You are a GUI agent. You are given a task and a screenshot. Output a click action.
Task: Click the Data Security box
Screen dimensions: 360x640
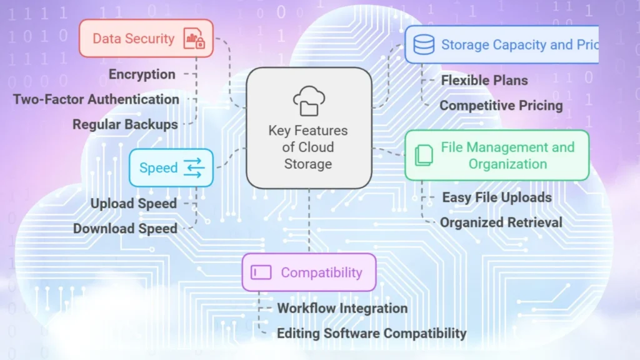pyautogui.click(x=146, y=38)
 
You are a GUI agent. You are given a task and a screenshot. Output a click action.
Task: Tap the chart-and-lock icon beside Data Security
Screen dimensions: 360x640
pyautogui.click(x=194, y=39)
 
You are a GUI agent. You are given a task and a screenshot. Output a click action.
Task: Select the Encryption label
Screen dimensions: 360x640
pyautogui.click(x=142, y=74)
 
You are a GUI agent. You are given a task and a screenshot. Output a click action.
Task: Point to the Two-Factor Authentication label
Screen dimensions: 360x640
pyautogui.click(x=96, y=99)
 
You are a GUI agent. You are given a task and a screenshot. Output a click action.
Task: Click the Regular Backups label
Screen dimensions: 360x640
pyautogui.click(x=125, y=124)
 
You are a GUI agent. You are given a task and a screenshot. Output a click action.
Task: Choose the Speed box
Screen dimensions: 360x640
pyautogui.click(x=171, y=167)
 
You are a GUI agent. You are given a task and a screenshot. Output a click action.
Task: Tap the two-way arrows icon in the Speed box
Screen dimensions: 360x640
pyautogui.click(x=194, y=167)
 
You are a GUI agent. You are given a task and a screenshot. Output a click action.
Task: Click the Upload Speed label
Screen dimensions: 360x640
pyautogui.click(x=134, y=203)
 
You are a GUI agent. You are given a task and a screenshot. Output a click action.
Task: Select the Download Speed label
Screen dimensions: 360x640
pyautogui.click(x=125, y=228)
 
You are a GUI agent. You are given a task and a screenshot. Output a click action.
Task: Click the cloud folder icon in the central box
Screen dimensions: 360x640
pyautogui.click(x=309, y=101)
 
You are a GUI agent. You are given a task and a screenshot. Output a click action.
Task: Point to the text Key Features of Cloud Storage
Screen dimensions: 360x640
pyautogui.click(x=308, y=147)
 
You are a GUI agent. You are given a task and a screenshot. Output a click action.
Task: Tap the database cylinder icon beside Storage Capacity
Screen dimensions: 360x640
pyautogui.click(x=424, y=44)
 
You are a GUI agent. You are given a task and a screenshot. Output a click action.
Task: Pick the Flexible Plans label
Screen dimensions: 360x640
pyautogui.click(x=484, y=80)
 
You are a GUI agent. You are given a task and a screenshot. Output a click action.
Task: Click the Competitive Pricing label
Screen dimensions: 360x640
pyautogui.click(x=501, y=106)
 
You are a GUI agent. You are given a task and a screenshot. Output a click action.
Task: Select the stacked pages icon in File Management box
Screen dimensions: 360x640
pyautogui.click(x=424, y=155)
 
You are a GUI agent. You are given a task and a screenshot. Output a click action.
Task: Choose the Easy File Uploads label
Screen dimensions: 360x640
pyautogui.click(x=497, y=197)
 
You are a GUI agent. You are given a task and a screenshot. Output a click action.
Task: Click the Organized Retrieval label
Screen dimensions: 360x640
pyautogui.click(x=501, y=222)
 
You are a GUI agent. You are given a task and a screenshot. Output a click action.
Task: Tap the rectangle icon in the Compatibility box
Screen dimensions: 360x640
pyautogui.click(x=261, y=272)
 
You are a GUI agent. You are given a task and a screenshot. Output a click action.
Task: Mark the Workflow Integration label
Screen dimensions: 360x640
pyautogui.click(x=342, y=308)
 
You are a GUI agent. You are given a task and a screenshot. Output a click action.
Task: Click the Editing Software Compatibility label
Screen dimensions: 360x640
pyautogui.click(x=372, y=333)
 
